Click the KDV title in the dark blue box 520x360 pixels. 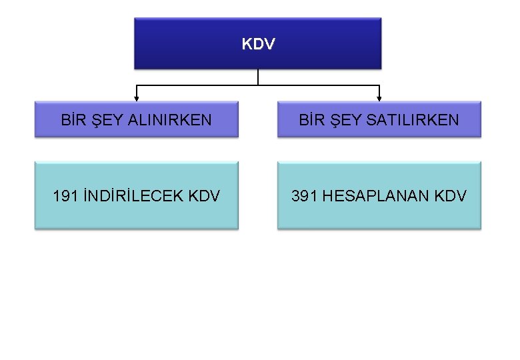click(258, 45)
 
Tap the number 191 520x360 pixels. click(66, 196)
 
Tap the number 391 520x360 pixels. click(304, 196)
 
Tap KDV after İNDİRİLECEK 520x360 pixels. click(204, 196)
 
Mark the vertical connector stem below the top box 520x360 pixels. click(258, 77)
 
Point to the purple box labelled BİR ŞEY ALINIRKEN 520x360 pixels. click(136, 131)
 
